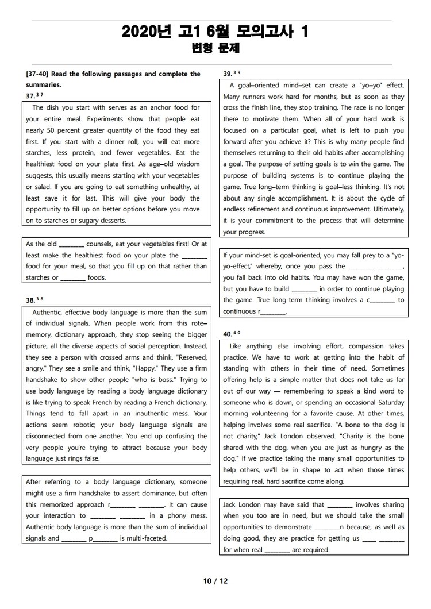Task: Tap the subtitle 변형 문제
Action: [x=215, y=49]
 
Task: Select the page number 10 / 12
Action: [x=215, y=581]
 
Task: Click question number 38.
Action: [x=30, y=300]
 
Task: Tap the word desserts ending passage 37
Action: [x=112, y=221]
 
